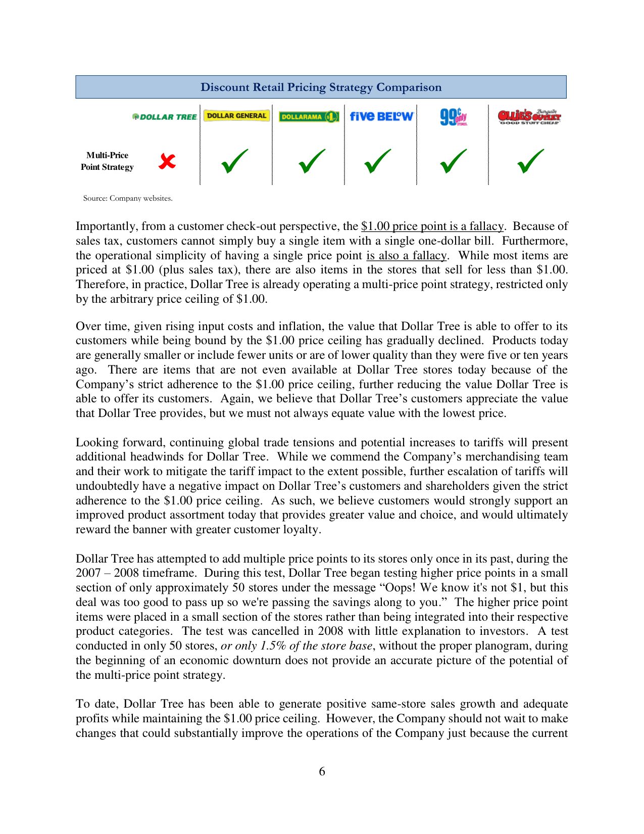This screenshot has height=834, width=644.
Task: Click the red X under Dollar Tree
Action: pos(167,161)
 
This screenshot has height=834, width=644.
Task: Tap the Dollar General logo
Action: pos(236,116)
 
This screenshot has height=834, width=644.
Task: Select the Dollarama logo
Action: pos(309,116)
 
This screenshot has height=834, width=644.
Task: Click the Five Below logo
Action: pos(381,116)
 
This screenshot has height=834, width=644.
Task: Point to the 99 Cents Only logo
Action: pos(453,116)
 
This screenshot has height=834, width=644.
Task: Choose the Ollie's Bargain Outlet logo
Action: pos(529,117)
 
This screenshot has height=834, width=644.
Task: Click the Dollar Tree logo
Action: pos(164,117)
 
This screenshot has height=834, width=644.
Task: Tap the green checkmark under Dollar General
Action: pos(235,161)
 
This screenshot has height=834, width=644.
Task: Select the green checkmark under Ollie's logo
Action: pos(530,161)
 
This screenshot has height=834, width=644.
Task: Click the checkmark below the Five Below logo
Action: pos(377,161)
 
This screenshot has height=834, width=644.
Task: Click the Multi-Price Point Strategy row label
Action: pos(107,161)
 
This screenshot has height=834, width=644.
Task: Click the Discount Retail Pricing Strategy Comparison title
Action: pos(321,87)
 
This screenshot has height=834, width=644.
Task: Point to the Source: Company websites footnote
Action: pos(128,198)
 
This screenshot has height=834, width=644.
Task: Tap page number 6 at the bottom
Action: pos(322,771)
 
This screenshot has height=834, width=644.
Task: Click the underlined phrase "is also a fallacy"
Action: pos(406,255)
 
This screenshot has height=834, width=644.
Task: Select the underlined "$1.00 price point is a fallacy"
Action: pos(432,226)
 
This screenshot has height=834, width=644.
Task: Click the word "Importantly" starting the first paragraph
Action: pos(99,226)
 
